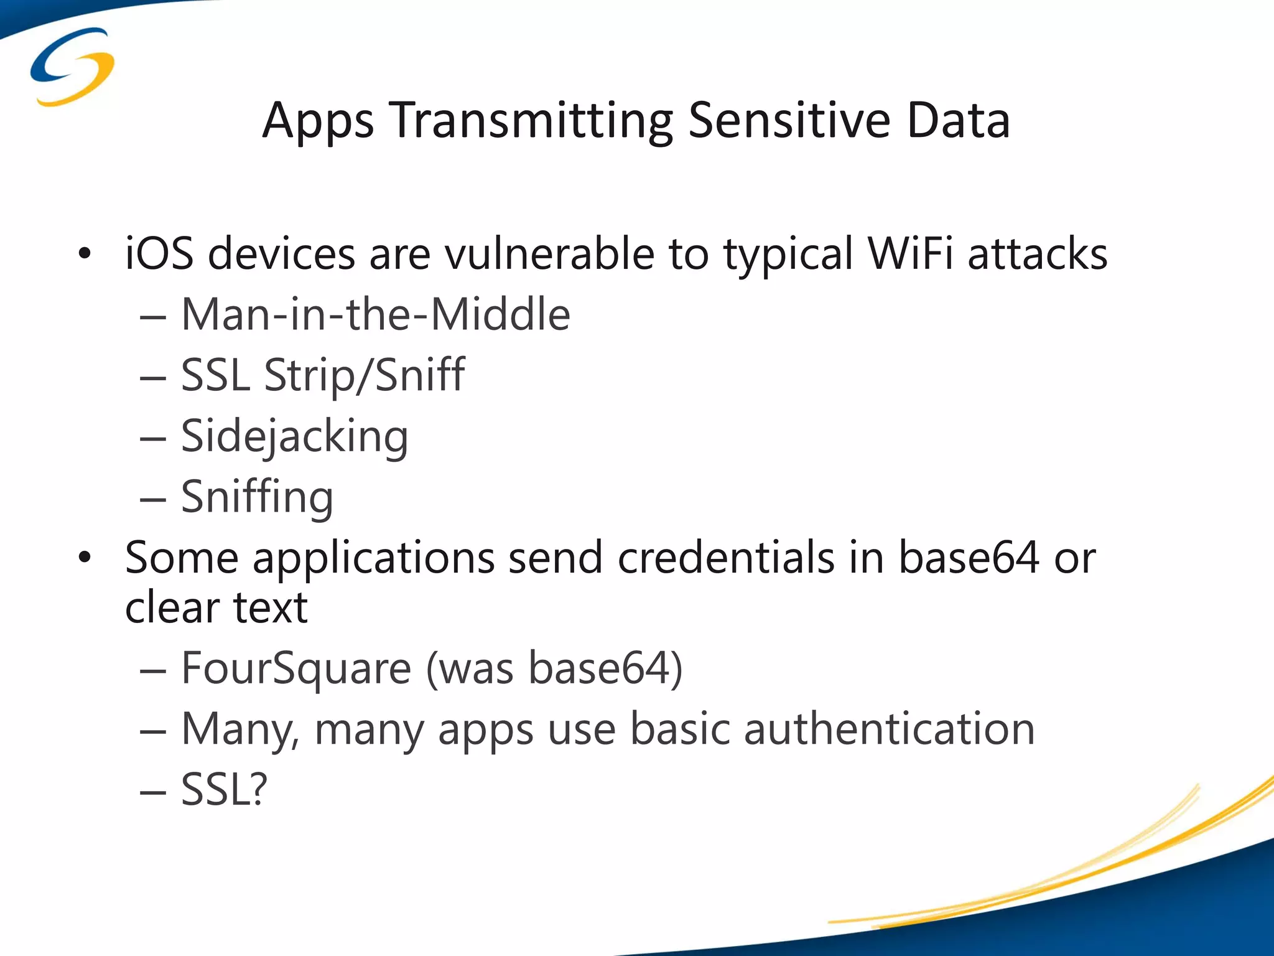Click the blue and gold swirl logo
tap(72, 66)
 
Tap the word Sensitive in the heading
tap(789, 120)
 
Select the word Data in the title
tap(957, 120)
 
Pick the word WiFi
tap(910, 254)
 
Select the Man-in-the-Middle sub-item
tap(375, 314)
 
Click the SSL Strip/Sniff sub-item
tap(322, 375)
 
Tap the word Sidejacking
tap(294, 436)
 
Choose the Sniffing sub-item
tap(257, 497)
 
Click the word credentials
tap(726, 557)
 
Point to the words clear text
tap(216, 607)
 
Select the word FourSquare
tap(296, 668)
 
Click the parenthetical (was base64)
tap(554, 668)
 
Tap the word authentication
tap(890, 729)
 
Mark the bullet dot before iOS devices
tap(85, 254)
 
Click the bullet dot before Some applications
tap(85, 557)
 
